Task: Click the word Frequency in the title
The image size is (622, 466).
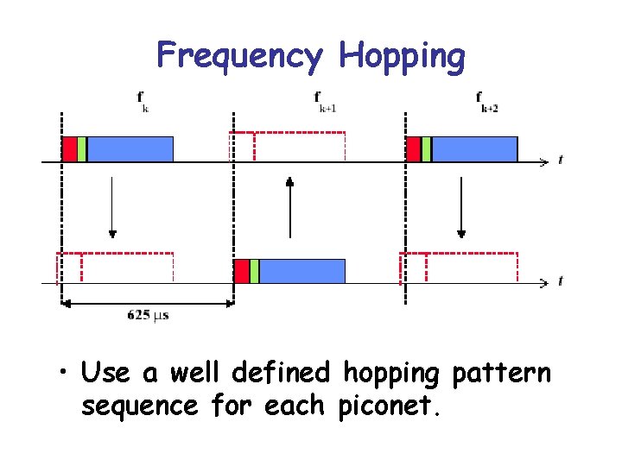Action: [x=239, y=56]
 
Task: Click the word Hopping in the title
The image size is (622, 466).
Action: [x=403, y=56]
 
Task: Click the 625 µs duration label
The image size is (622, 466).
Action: [x=148, y=315]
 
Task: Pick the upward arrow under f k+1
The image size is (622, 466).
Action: [x=290, y=207]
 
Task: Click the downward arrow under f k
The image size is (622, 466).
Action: [x=112, y=207]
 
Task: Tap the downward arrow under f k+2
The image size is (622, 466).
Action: [x=461, y=207]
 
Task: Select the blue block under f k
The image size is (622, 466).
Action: [x=130, y=149]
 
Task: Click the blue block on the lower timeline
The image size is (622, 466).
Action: [x=301, y=271]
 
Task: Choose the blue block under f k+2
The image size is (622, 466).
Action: [x=474, y=149]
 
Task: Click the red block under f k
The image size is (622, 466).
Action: [x=69, y=149]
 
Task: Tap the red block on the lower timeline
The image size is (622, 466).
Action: [x=242, y=271]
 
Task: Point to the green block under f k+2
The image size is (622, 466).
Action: [x=427, y=149]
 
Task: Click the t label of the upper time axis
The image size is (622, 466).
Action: [x=561, y=161]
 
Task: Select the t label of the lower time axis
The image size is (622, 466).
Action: [x=561, y=281]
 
